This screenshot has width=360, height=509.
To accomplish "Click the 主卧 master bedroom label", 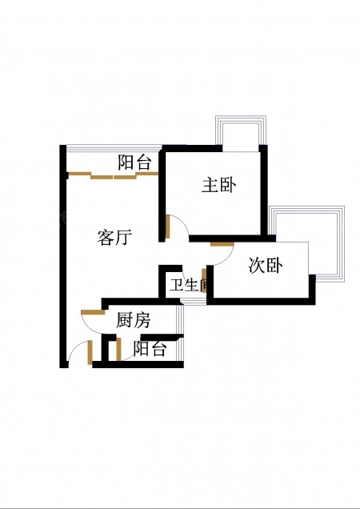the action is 218,186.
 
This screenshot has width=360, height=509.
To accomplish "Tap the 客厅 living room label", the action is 114,237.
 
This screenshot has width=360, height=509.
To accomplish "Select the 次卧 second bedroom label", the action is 266,265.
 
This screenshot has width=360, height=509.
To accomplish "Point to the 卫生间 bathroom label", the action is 188,285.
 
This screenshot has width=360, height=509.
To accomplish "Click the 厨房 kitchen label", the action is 133,320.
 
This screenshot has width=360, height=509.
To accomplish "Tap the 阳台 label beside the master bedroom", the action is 134,162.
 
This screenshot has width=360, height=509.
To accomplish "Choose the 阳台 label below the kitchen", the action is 150,349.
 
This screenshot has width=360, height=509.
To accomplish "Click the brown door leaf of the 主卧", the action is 167,226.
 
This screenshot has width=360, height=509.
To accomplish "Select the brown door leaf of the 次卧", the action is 222,244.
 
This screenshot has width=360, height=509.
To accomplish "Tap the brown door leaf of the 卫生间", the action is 204,280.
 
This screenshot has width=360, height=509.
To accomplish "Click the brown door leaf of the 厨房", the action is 93,312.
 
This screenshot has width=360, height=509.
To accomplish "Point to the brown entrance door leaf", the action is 90,352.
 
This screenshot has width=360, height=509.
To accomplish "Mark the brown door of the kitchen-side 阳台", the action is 119,349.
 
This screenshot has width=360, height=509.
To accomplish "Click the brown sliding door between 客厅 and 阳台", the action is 114,175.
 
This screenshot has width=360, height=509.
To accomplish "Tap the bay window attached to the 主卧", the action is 241,134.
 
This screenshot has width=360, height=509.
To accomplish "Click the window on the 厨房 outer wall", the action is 181,319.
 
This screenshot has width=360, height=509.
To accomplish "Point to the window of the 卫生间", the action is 194,303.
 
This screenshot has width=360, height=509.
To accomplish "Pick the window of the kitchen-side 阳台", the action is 181,349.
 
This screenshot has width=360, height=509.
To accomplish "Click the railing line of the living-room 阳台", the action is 114,148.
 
